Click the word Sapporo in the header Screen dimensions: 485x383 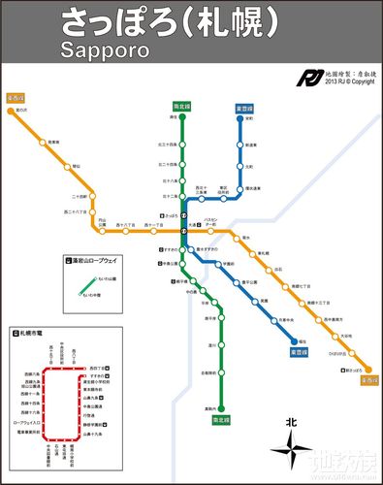point(104,49)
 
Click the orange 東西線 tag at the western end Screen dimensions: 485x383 point(15,98)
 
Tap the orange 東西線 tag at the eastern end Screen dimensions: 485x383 point(367,381)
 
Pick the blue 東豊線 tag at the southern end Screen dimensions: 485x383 point(302,352)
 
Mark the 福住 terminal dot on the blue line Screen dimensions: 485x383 point(294,339)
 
